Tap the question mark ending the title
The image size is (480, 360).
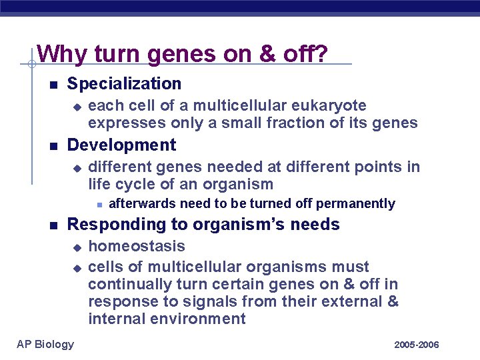[321, 54]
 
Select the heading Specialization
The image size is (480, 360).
[124, 84]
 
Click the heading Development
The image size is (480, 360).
[121, 145]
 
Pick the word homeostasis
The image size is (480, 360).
[137, 246]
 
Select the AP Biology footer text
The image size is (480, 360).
[45, 344]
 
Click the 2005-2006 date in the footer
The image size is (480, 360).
[416, 345]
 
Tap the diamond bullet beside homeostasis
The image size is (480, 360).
[77, 247]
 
